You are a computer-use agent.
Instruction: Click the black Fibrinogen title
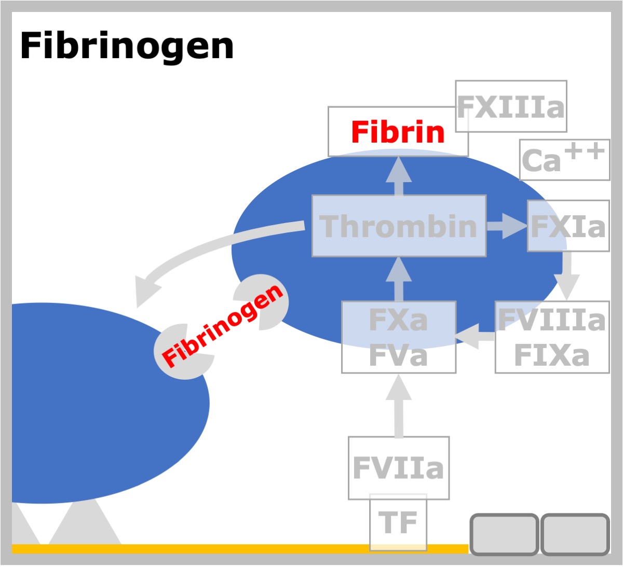click(x=127, y=47)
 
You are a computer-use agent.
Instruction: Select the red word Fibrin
click(x=398, y=132)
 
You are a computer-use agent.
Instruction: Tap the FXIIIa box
click(x=511, y=106)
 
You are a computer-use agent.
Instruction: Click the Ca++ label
click(x=564, y=159)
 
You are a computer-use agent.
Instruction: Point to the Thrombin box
click(x=399, y=226)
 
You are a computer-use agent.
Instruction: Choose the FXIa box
click(x=568, y=226)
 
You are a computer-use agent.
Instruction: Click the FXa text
click(x=398, y=320)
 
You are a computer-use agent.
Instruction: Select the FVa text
click(x=398, y=355)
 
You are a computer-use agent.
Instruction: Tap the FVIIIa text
click(x=552, y=320)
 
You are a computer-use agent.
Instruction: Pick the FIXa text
click(x=552, y=355)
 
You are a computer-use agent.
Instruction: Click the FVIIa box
click(x=399, y=468)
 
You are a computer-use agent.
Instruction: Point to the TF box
click(x=398, y=522)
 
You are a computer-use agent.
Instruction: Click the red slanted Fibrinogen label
click(x=222, y=326)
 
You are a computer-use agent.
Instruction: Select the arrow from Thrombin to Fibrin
click(x=399, y=176)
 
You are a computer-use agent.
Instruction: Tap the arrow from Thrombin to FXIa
click(x=507, y=226)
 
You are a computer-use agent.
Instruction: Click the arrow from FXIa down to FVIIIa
click(x=567, y=276)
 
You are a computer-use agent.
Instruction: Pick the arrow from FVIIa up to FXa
click(x=399, y=406)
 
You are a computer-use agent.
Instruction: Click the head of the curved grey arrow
click(x=145, y=290)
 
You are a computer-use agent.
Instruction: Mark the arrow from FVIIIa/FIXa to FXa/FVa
click(x=475, y=337)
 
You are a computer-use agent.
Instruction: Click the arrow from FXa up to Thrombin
click(x=399, y=279)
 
